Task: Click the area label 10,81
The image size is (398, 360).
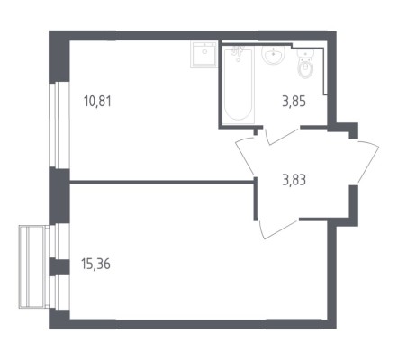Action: point(97,102)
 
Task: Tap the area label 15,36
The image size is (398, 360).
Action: point(95,265)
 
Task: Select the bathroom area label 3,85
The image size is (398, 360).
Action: point(294,102)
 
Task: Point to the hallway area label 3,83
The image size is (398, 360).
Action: point(294,181)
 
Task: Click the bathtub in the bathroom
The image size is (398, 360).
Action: point(239,85)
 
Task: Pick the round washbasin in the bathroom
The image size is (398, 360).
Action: point(273,54)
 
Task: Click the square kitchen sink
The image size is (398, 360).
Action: point(204,55)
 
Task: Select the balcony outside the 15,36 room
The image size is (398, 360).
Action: point(33,266)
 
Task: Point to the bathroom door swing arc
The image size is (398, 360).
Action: point(281,136)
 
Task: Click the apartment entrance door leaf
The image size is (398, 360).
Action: point(368,164)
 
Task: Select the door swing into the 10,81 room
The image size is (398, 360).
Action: point(245,156)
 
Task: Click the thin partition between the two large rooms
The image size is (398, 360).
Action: point(162,182)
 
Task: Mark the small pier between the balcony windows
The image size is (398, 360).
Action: point(59,266)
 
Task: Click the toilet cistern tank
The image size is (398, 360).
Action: point(305,55)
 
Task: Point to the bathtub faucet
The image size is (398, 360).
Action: point(237,52)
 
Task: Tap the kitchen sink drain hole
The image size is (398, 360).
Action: point(204,51)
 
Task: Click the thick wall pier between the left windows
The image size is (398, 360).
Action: point(59,195)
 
